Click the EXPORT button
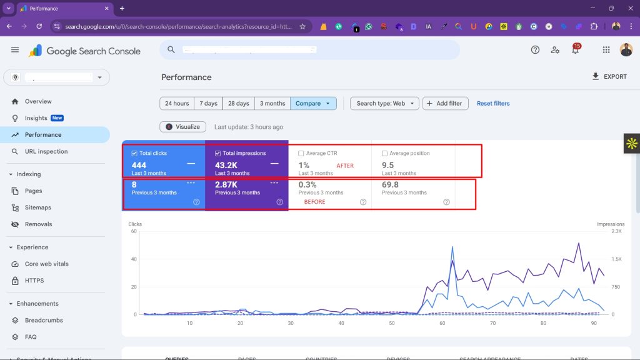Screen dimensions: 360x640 [x=609, y=76]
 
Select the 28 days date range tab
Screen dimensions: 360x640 [x=238, y=103]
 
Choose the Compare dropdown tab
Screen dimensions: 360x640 [x=312, y=103]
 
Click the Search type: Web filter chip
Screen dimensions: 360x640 [x=384, y=103]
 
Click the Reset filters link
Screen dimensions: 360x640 [x=493, y=103]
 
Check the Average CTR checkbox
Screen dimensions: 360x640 [x=302, y=153]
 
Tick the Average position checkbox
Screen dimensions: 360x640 [x=385, y=153]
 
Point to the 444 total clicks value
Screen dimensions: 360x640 [x=139, y=165]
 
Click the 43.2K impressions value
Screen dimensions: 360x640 [x=227, y=165]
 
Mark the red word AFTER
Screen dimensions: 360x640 [x=345, y=166]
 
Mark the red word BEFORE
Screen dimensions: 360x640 [x=314, y=202]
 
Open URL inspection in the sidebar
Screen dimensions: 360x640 [x=46, y=151]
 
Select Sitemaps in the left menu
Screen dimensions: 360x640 [x=37, y=207]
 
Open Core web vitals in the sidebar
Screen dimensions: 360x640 [x=46, y=264]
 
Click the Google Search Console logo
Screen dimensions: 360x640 [x=85, y=51]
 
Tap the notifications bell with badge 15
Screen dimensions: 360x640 [x=576, y=50]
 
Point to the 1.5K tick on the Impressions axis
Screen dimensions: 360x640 [x=616, y=259]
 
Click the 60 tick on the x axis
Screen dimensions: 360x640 [x=442, y=323]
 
